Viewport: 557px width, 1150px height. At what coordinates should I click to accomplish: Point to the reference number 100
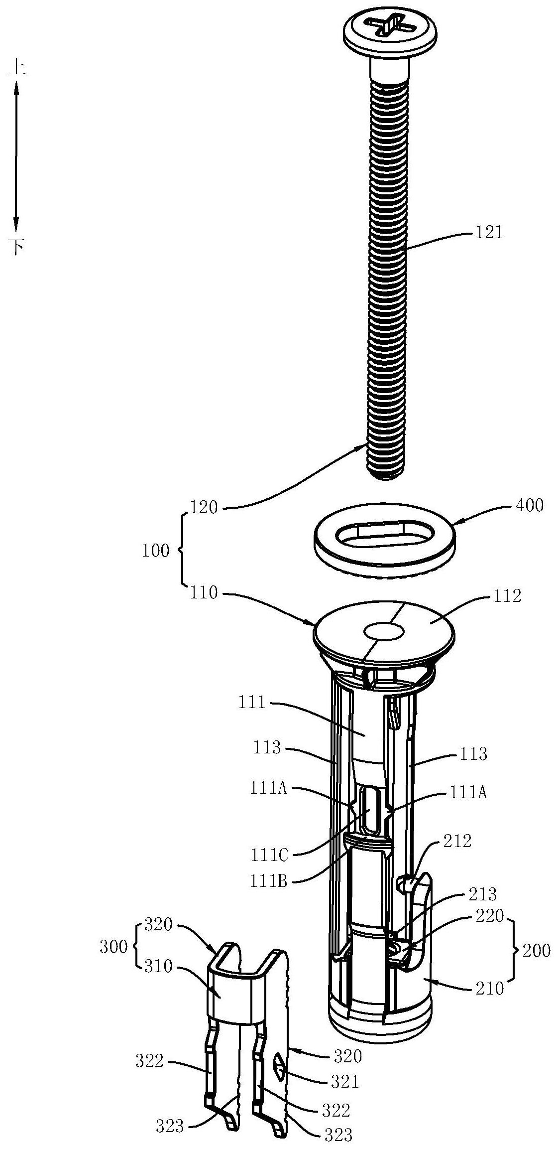156,551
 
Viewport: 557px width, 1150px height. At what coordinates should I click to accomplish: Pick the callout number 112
506,595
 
